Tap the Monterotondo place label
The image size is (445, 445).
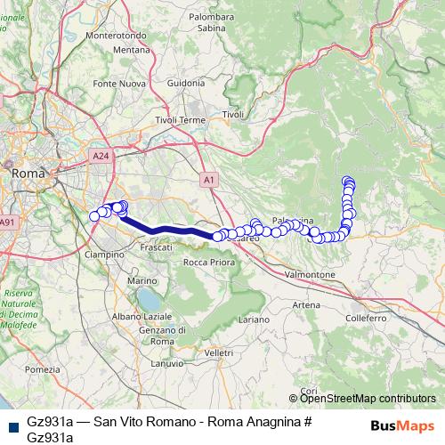pos(129,36)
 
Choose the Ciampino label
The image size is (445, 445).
pos(104,254)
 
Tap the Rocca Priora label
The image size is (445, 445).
pos(206,262)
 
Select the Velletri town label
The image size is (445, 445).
pos(218,353)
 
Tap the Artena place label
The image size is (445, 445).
pos(305,304)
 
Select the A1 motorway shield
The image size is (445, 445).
pos(208,177)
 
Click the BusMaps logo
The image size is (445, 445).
pos(402,425)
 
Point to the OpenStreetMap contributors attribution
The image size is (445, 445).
pos(368,399)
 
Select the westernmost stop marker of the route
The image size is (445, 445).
pos(94,215)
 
